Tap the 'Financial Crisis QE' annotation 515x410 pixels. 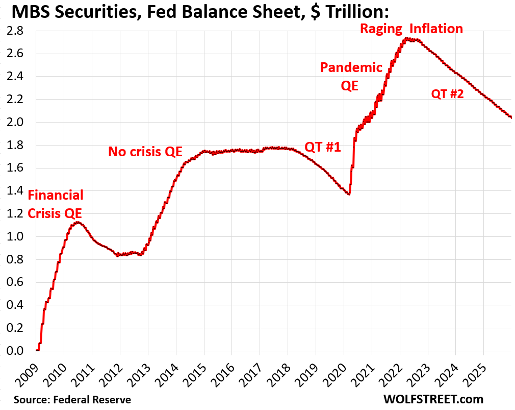(55, 204)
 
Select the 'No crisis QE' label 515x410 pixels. (145, 152)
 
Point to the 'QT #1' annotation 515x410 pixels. (323, 147)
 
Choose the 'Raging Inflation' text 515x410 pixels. (411, 29)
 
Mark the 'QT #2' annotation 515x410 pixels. (447, 93)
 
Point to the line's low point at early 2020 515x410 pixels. (348, 194)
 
